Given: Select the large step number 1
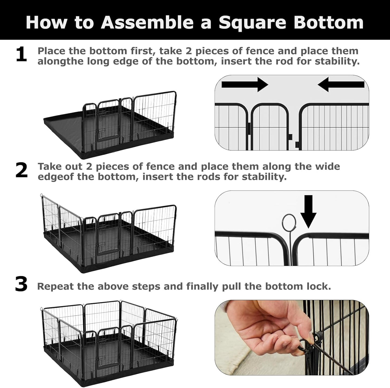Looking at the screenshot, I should [21, 55].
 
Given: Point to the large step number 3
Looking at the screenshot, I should [21, 285].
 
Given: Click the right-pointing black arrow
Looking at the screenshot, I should [244, 84].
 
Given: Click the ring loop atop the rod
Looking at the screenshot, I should [289, 222].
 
